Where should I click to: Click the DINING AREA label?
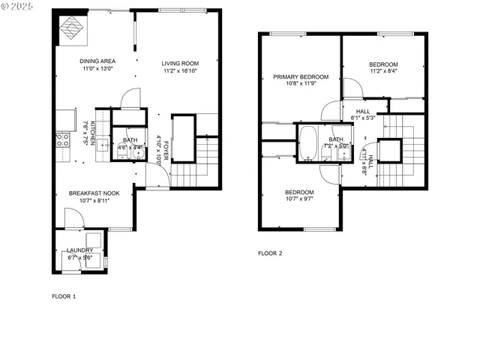click(97, 61)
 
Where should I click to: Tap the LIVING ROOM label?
click(180, 63)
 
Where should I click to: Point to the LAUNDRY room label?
click(79, 250)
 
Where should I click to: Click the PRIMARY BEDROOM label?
click(301, 76)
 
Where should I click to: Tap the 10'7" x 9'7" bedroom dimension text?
click(299, 199)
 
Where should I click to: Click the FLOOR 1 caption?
click(64, 296)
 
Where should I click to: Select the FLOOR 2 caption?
click(270, 253)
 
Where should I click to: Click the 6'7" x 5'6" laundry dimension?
click(79, 258)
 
